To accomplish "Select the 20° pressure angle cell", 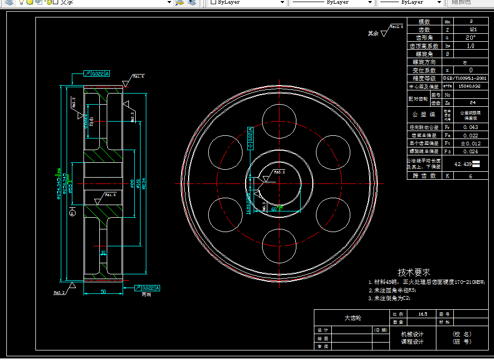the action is [x=471, y=38].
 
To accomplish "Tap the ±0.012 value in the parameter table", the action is [x=471, y=143].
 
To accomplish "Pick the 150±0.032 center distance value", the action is [x=470, y=86].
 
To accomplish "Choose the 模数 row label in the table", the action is [x=424, y=22].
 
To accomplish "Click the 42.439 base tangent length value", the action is [x=463, y=164].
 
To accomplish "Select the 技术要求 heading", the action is [x=414, y=272].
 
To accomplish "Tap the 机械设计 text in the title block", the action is [x=412, y=334].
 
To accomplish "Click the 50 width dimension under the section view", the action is [x=103, y=291].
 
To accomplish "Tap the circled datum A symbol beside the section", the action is [x=72, y=213].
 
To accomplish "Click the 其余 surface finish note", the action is [x=374, y=33].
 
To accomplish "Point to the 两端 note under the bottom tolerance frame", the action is [x=146, y=294].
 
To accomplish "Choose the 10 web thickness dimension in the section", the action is [x=103, y=253].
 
